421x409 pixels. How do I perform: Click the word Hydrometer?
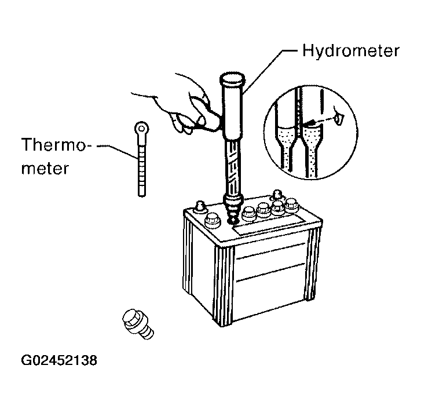[x=351, y=50]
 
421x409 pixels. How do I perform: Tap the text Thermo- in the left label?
[x=56, y=145]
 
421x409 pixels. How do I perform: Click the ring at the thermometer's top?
[x=140, y=128]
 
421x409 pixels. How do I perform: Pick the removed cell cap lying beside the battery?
[x=138, y=324]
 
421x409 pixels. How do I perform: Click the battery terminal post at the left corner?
[x=200, y=206]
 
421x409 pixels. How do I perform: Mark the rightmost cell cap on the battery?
[x=291, y=206]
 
